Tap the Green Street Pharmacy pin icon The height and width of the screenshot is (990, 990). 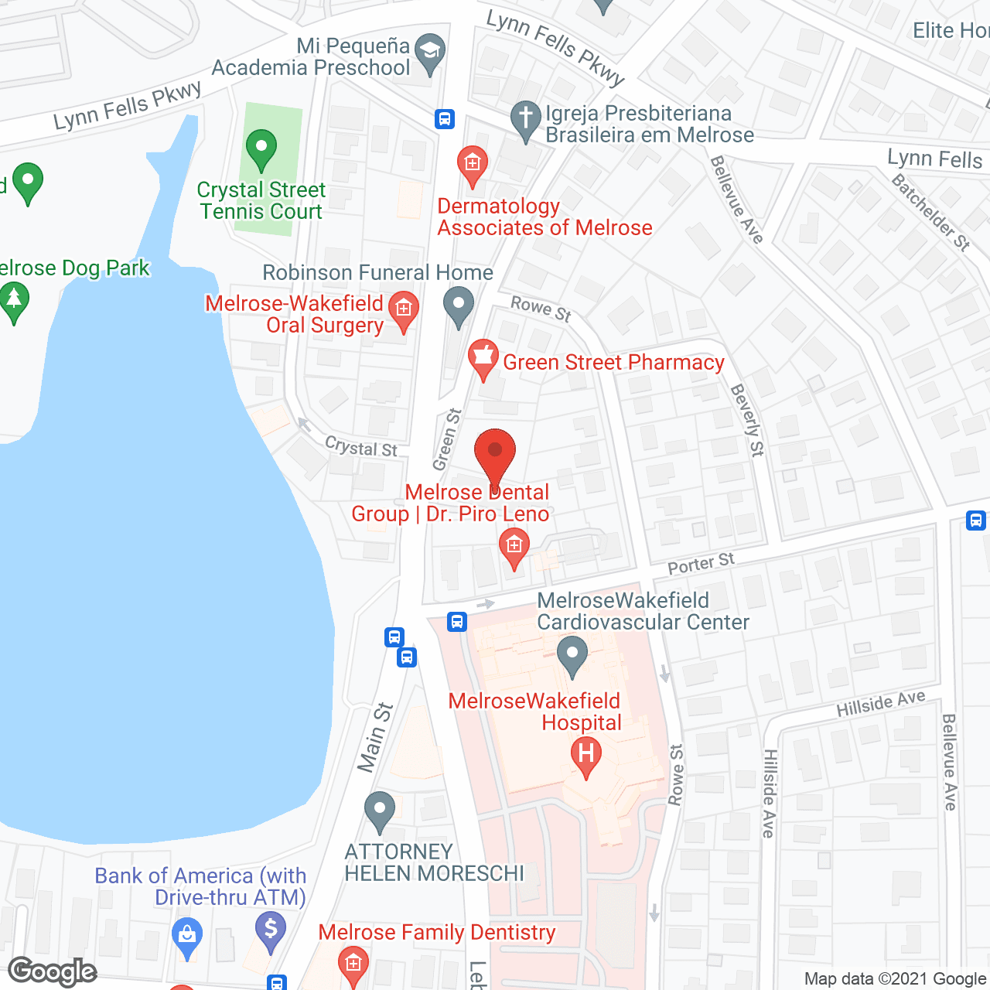tap(483, 358)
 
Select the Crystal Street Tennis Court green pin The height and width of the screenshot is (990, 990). tap(261, 148)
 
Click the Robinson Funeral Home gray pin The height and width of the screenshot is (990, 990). tap(459, 305)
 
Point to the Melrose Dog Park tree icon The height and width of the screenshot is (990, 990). tap(13, 299)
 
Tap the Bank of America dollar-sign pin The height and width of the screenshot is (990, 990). tap(270, 929)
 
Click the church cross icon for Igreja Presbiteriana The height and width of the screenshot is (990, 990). tap(526, 120)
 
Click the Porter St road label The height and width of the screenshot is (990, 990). tap(701, 564)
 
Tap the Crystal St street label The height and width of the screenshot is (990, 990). tap(361, 446)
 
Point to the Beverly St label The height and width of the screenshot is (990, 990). tap(747, 420)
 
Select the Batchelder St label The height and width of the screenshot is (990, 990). tap(931, 212)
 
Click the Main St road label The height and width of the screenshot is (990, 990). tap(376, 737)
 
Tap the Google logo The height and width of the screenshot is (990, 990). tap(53, 971)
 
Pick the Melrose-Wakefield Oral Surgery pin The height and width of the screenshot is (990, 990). tap(403, 311)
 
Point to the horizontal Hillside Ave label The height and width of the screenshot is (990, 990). tap(881, 704)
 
